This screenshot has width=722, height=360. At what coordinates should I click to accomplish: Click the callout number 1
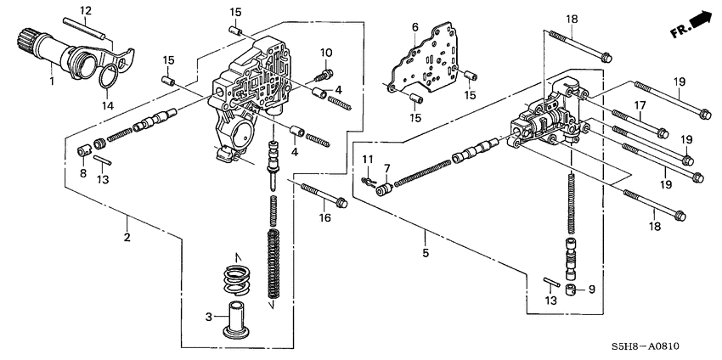[52, 82]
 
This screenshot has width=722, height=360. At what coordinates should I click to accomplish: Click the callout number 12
[85, 10]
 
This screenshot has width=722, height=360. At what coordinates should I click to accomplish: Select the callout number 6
[415, 27]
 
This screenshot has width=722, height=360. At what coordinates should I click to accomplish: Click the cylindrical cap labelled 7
[384, 188]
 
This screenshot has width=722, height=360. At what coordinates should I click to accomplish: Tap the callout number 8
[83, 173]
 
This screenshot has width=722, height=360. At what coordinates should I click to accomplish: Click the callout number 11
[368, 160]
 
